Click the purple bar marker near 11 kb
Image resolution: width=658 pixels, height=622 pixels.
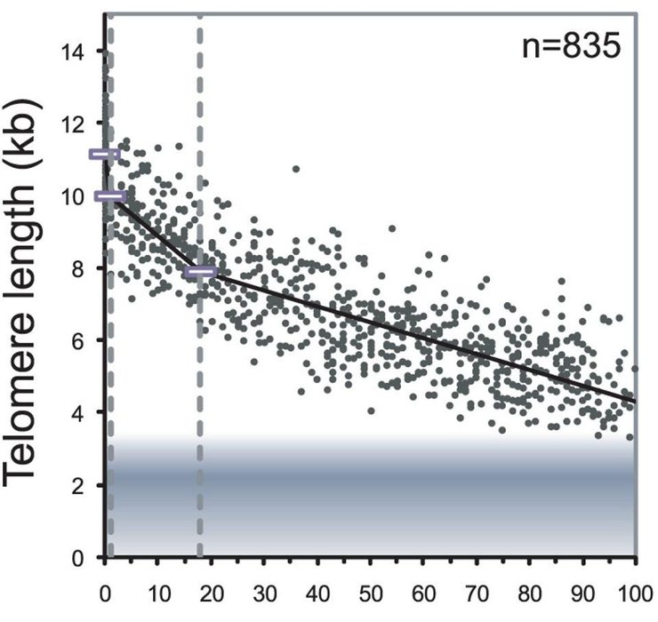105,155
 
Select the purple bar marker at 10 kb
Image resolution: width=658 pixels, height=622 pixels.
110,195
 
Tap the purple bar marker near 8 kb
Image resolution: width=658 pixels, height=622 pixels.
201,271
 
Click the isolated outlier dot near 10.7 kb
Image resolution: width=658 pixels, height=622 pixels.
296,168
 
